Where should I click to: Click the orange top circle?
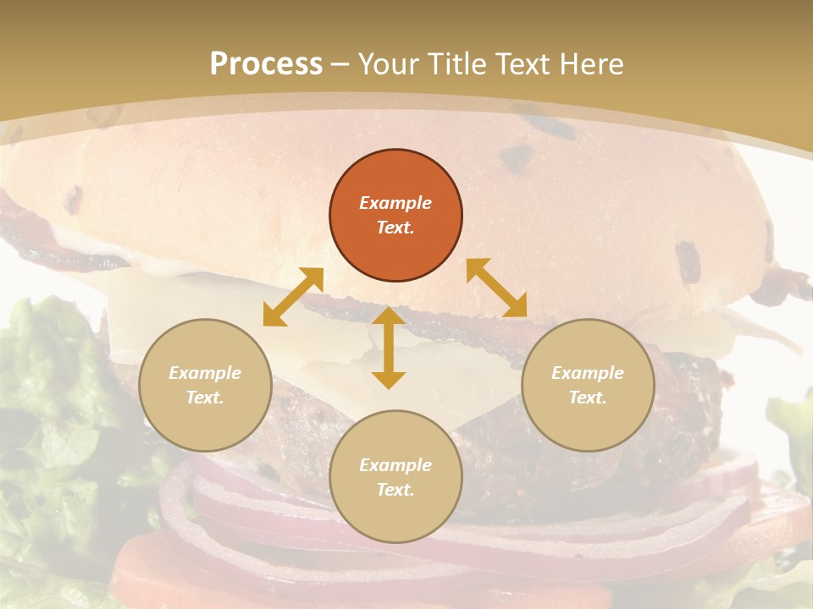[395, 216]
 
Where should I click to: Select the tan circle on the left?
[205, 385]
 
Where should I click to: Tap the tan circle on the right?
[588, 385]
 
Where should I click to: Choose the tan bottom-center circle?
[395, 476]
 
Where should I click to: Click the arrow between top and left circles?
[293, 296]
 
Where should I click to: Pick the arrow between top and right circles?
[497, 288]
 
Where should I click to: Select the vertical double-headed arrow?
[389, 348]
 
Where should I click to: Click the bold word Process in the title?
[266, 63]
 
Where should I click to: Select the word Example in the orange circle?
[395, 203]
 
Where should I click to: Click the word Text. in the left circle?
[205, 398]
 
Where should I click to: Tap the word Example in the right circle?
[588, 373]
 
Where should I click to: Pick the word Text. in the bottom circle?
[395, 490]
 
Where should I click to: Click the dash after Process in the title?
[340, 64]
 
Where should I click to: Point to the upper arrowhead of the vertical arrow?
[389, 316]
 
